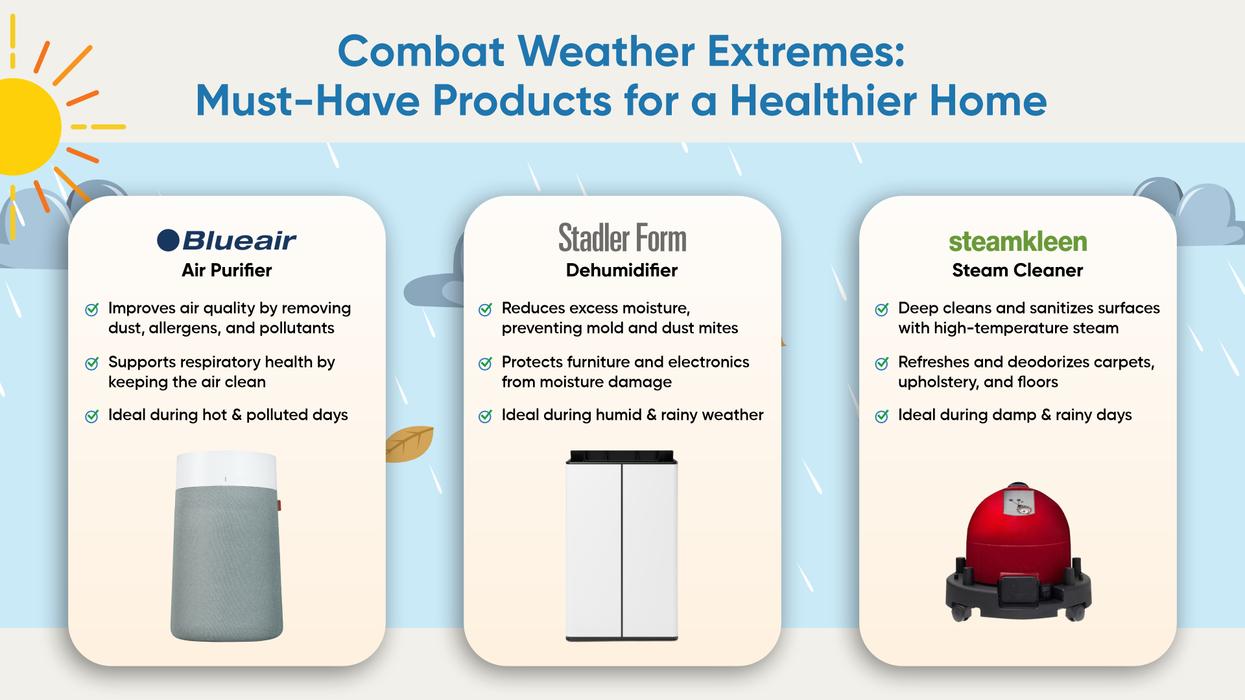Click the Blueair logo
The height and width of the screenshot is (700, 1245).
[226, 240]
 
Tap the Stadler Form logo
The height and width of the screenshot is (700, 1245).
[622, 238]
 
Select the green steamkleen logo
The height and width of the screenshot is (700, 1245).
[1018, 242]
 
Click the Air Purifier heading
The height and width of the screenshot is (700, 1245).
[227, 270]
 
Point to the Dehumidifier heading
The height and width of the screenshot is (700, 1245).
[622, 270]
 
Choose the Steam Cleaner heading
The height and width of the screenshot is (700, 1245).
[1018, 270]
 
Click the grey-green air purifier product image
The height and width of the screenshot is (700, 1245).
[226, 546]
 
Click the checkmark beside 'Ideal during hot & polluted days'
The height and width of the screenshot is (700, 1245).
[92, 415]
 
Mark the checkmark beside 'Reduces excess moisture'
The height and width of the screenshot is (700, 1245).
[485, 309]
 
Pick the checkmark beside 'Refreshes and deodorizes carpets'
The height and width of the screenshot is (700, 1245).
[882, 363]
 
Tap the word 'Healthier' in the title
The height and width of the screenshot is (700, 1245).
[824, 100]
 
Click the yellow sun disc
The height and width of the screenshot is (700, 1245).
[26, 127]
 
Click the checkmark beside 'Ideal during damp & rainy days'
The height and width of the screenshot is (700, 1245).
[882, 415]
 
